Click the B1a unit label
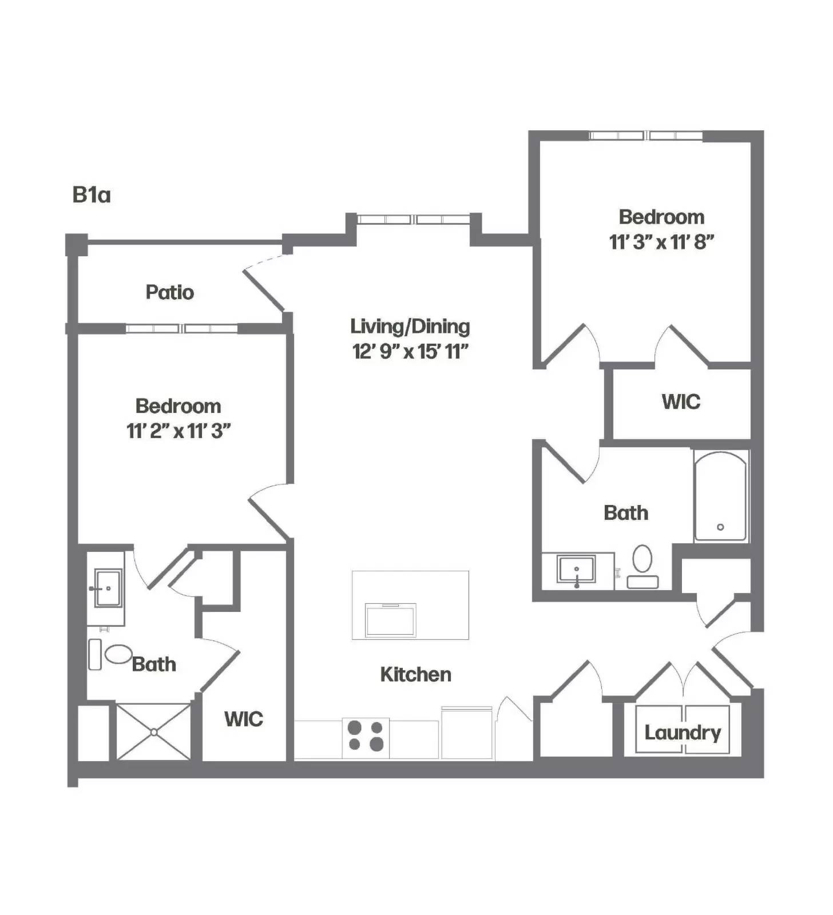[x=91, y=195]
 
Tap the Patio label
[x=169, y=292]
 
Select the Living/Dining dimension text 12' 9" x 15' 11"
[x=410, y=351]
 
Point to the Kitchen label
[x=415, y=674]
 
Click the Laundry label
[x=683, y=733]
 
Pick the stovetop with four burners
[x=366, y=735]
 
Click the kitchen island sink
[x=391, y=619]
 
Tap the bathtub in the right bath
[x=720, y=496]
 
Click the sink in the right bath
[x=577, y=570]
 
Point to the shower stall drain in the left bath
[x=153, y=732]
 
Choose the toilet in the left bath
[x=112, y=654]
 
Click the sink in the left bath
[x=107, y=587]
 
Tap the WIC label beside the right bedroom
[x=681, y=401]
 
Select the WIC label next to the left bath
[x=244, y=719]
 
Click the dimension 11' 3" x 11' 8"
[x=661, y=242]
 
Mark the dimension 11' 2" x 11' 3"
[x=178, y=431]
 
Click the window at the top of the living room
[x=414, y=219]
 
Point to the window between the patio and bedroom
[x=182, y=328]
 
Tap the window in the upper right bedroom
[x=646, y=136]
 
